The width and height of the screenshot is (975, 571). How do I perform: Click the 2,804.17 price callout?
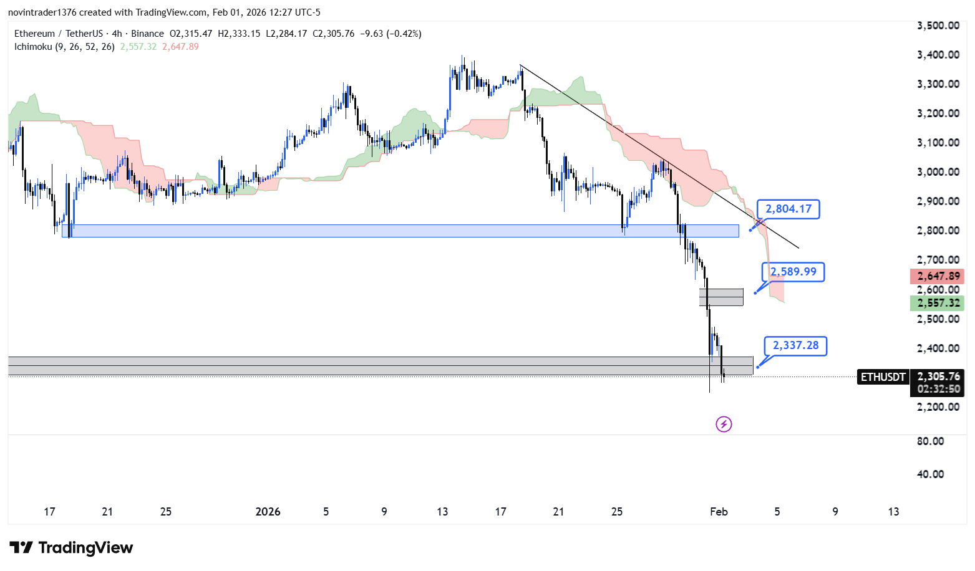[788, 209]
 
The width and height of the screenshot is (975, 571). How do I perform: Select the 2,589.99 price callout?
[793, 272]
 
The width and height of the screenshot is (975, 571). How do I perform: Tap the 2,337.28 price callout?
[795, 345]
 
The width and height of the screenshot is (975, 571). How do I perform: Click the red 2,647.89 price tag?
[937, 276]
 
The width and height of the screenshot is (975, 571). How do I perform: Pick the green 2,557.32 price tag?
[937, 303]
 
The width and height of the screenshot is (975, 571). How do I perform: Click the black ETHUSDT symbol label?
[883, 377]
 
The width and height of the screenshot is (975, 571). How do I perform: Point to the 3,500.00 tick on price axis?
[938, 26]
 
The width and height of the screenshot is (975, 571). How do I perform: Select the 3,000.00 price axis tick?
[938, 172]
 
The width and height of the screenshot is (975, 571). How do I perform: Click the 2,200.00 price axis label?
[938, 407]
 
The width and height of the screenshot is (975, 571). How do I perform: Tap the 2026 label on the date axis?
[268, 512]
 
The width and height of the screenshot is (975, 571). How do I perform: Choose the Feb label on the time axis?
[719, 512]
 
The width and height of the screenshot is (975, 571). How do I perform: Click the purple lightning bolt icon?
[724, 425]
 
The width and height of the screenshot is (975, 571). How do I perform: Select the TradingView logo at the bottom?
[71, 548]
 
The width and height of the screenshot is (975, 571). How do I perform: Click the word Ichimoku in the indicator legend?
[33, 47]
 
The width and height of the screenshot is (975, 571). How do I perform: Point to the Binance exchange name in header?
[148, 34]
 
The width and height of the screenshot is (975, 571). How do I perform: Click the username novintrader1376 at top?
[42, 12]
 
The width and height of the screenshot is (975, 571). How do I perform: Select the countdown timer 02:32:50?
[938, 389]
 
